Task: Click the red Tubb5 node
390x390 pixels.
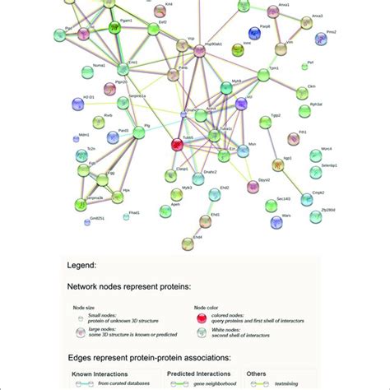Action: (176, 145)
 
